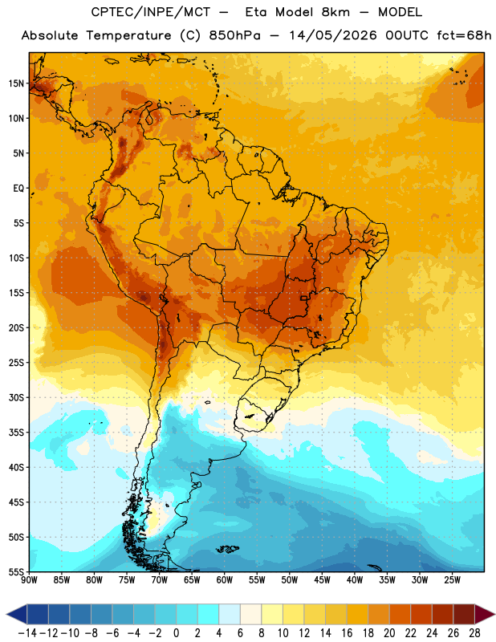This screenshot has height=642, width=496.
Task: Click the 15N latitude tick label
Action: click(16, 83)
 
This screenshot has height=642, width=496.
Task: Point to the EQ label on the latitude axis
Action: click(18, 189)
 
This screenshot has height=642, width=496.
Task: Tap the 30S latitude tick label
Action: click(16, 397)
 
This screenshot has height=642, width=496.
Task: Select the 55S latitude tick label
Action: click(16, 572)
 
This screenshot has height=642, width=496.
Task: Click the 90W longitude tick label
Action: click(29, 580)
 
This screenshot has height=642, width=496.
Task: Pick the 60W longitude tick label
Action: click(225, 580)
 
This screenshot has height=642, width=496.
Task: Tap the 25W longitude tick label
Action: click(452, 580)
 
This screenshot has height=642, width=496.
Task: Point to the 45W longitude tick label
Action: click(322, 580)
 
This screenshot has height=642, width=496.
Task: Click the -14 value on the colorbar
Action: click(27, 633)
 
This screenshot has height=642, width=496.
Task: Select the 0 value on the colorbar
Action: click(176, 633)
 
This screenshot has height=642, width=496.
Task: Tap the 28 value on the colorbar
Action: click(474, 633)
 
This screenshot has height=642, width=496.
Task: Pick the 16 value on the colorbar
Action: click(347, 633)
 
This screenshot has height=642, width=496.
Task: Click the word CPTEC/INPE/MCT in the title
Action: click(151, 12)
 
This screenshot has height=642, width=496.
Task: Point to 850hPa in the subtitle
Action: click(234, 35)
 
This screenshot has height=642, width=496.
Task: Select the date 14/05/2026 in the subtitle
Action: click(333, 35)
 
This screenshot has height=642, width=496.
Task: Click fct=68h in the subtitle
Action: click(464, 35)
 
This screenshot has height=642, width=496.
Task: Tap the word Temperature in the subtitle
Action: click(128, 35)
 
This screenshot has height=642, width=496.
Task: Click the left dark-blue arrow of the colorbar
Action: click(17, 614)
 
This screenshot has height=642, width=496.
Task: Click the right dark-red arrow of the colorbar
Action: click(485, 614)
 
